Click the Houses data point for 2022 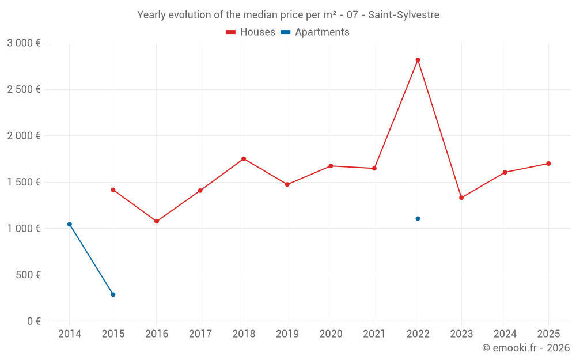418,60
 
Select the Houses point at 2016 157,221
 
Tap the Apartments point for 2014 70,224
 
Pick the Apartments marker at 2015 113,294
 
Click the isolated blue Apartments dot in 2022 418,218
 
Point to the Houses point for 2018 244,158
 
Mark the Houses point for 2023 461,198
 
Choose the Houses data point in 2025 548,164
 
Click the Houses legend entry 251,32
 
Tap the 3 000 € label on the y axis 24,43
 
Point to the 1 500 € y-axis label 24,182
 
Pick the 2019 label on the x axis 287,334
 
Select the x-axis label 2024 505,334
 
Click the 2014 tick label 70,334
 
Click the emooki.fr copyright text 526,348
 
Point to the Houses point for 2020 331,166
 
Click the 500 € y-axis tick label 27,275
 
